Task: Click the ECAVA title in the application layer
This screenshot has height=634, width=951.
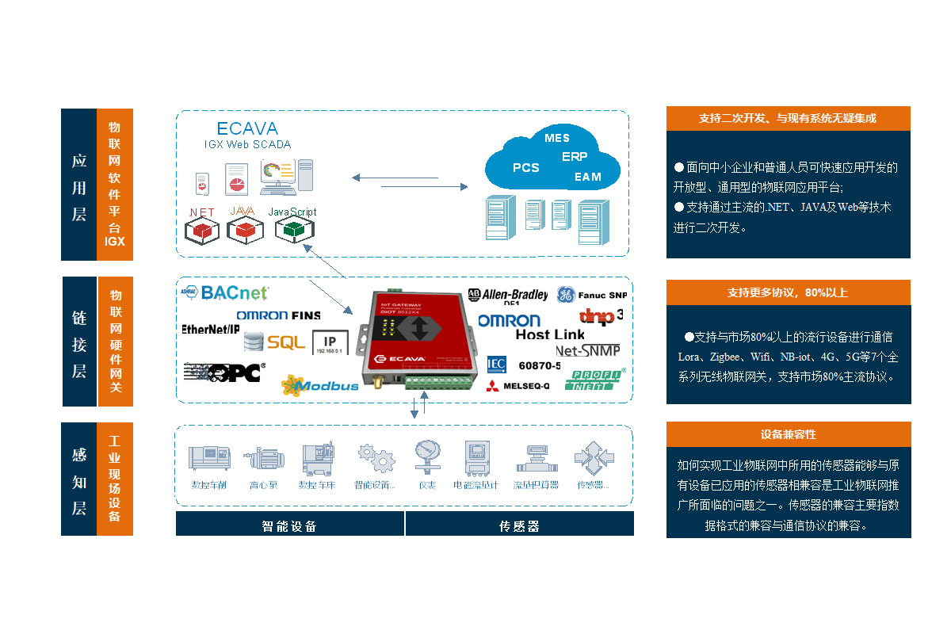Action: pyautogui.click(x=247, y=128)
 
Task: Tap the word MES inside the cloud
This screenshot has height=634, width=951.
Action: pyautogui.click(x=557, y=138)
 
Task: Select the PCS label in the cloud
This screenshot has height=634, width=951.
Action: pyautogui.click(x=525, y=167)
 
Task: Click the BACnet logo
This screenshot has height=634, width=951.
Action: pyautogui.click(x=235, y=293)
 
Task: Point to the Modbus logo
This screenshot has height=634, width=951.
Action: pyautogui.click(x=320, y=385)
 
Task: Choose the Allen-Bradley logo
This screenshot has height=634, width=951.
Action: pyautogui.click(x=508, y=295)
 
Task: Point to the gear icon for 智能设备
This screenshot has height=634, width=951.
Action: pyautogui.click(x=375, y=459)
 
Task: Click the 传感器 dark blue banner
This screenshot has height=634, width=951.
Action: pyautogui.click(x=520, y=525)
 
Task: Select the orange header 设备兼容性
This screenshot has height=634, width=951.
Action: pyautogui.click(x=788, y=434)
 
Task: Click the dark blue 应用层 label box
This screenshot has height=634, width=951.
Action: pyautogui.click(x=78, y=185)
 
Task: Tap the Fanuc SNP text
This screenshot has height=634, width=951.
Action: pyautogui.click(x=602, y=295)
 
